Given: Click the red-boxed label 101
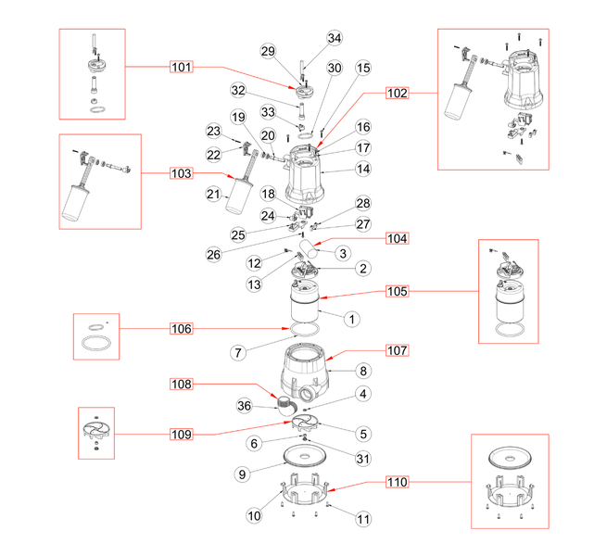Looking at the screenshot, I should click(x=183, y=68).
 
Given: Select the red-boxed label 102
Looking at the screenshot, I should click(x=398, y=93).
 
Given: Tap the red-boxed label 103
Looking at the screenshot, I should click(x=183, y=173).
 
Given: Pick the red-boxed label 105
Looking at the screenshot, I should click(x=398, y=291).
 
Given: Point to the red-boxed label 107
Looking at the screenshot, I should click(x=398, y=351).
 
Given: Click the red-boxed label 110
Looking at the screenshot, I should click(x=398, y=482).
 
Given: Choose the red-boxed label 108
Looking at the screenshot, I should click(x=183, y=383).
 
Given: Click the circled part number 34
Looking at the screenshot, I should click(x=335, y=37).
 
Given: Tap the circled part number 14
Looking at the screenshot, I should click(x=363, y=170).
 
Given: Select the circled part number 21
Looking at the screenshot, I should click(x=214, y=195).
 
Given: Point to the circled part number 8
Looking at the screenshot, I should click(x=363, y=371).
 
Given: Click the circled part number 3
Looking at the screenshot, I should click(x=342, y=253).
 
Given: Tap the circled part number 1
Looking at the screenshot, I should click(x=351, y=318).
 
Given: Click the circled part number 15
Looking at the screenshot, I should click(x=363, y=68).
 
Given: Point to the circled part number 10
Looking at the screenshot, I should click(x=254, y=515).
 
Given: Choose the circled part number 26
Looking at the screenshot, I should click(x=240, y=253).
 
